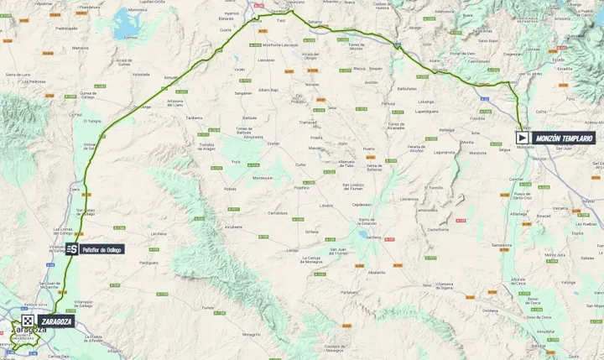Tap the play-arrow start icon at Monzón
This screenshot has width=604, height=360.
[x=522, y=138]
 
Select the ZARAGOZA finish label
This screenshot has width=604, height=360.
[x=57, y=321]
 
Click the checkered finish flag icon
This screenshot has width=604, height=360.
[x=28, y=321]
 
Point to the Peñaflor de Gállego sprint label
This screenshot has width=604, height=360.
[x=102, y=249]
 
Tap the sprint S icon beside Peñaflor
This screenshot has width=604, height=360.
[x=72, y=249]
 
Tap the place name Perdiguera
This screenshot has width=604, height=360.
[x=148, y=262]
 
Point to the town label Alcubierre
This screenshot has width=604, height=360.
[x=223, y=227]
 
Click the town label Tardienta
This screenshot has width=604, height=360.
[x=195, y=118]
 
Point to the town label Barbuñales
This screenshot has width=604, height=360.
[x=408, y=87]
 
